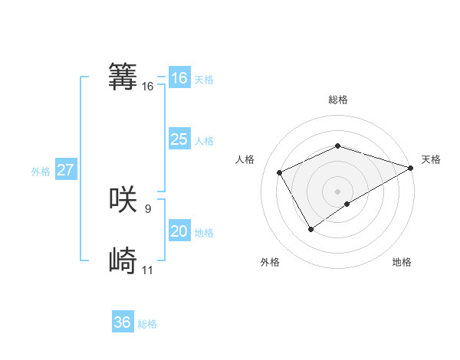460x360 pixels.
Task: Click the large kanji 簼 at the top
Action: pyautogui.click(x=123, y=77)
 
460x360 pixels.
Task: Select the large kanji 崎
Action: pyautogui.click(x=123, y=261)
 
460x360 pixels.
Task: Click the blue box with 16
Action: pyautogui.click(x=179, y=78)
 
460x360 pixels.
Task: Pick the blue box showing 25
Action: pyautogui.click(x=179, y=139)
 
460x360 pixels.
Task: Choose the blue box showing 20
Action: pyautogui.click(x=179, y=231)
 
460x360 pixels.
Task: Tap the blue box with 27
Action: pyautogui.click(x=65, y=170)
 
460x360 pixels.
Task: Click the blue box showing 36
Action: pyautogui.click(x=122, y=322)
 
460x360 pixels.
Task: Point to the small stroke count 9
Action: pyautogui.click(x=148, y=208)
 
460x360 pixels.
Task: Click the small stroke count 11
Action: pyautogui.click(x=148, y=270)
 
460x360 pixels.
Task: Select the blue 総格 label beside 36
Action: pyautogui.click(x=147, y=324)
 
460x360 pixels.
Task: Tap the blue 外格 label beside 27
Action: pyautogui.click(x=41, y=172)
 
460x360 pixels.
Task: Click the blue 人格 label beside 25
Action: pyautogui.click(x=204, y=141)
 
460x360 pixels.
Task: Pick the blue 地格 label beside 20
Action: pyautogui.click(x=204, y=233)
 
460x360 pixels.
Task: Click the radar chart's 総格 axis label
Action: pyautogui.click(x=337, y=100)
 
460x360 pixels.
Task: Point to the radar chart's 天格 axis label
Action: pyautogui.click(x=431, y=159)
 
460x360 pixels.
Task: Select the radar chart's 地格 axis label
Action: pyautogui.click(x=402, y=262)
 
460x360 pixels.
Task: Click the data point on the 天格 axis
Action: pyautogui.click(x=412, y=167)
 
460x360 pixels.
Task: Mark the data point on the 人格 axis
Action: pyautogui.click(x=280, y=172)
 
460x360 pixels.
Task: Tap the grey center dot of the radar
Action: pyautogui.click(x=337, y=191)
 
